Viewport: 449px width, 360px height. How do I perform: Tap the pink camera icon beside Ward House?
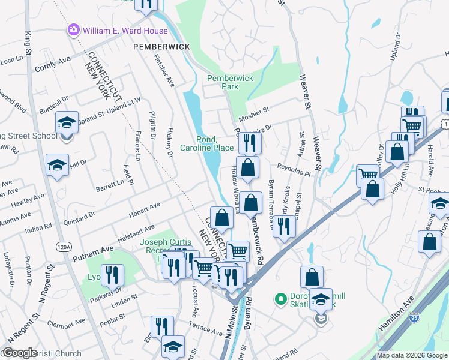click(74, 29)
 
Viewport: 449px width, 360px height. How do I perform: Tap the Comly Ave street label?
click(53, 65)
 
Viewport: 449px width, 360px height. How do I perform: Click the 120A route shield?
click(64, 246)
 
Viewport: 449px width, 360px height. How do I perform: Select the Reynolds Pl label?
click(294, 171)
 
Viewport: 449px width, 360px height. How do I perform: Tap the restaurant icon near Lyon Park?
click(112, 275)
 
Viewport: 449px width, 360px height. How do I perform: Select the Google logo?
click(20, 353)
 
